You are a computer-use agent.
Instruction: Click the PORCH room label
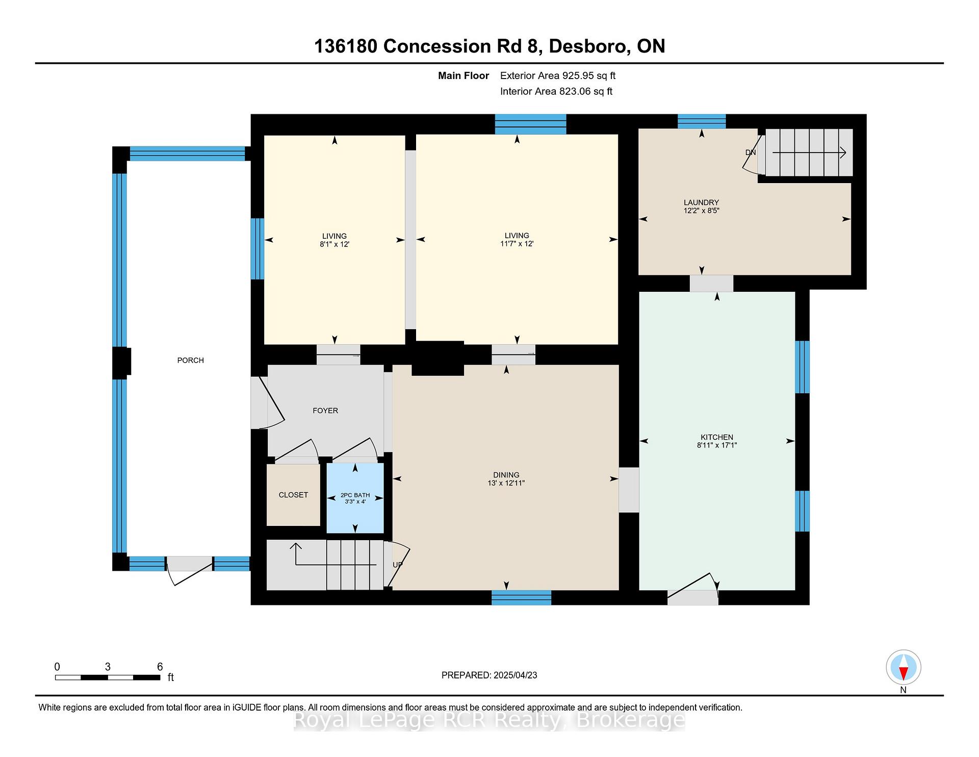point(190,360)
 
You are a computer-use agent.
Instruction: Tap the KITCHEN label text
point(717,437)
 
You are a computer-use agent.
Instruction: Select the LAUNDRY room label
point(702,203)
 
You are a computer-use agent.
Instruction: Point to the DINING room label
point(506,475)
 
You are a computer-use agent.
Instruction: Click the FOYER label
point(325,411)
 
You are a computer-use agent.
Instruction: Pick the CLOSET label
point(293,495)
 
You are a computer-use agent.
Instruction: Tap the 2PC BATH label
point(355,495)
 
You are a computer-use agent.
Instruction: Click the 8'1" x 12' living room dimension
point(334,244)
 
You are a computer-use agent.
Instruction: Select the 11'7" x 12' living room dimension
point(517,244)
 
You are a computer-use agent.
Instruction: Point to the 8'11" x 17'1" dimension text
point(717,445)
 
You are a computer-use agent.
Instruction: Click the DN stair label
point(751,153)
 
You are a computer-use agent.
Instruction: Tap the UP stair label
point(398,565)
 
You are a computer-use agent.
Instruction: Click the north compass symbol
point(904,667)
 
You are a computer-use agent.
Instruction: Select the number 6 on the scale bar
point(160,667)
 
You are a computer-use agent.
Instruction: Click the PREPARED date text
point(489,675)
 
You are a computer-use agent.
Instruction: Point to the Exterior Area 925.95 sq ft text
point(558,76)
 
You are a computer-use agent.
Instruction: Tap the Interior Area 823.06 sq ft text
point(556,91)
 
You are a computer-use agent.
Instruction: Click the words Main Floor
point(463,76)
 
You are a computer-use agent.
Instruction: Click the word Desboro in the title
point(588,46)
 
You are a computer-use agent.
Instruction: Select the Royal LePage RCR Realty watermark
point(489,720)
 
